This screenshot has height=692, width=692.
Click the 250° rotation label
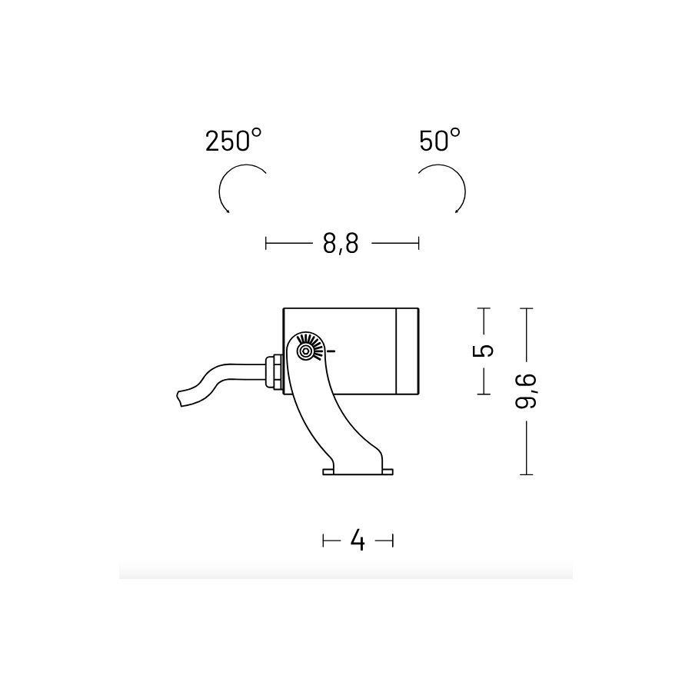pos(234,141)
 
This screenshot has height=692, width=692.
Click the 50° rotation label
pos(440,141)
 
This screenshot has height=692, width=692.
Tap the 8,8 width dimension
pos(341,243)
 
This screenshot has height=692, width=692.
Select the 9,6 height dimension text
pos(526,391)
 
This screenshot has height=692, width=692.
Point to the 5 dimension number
pos(483,351)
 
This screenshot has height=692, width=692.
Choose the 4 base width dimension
pos(358,540)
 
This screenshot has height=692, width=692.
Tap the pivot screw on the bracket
pos(305,351)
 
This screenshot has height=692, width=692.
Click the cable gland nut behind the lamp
pos(275,371)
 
